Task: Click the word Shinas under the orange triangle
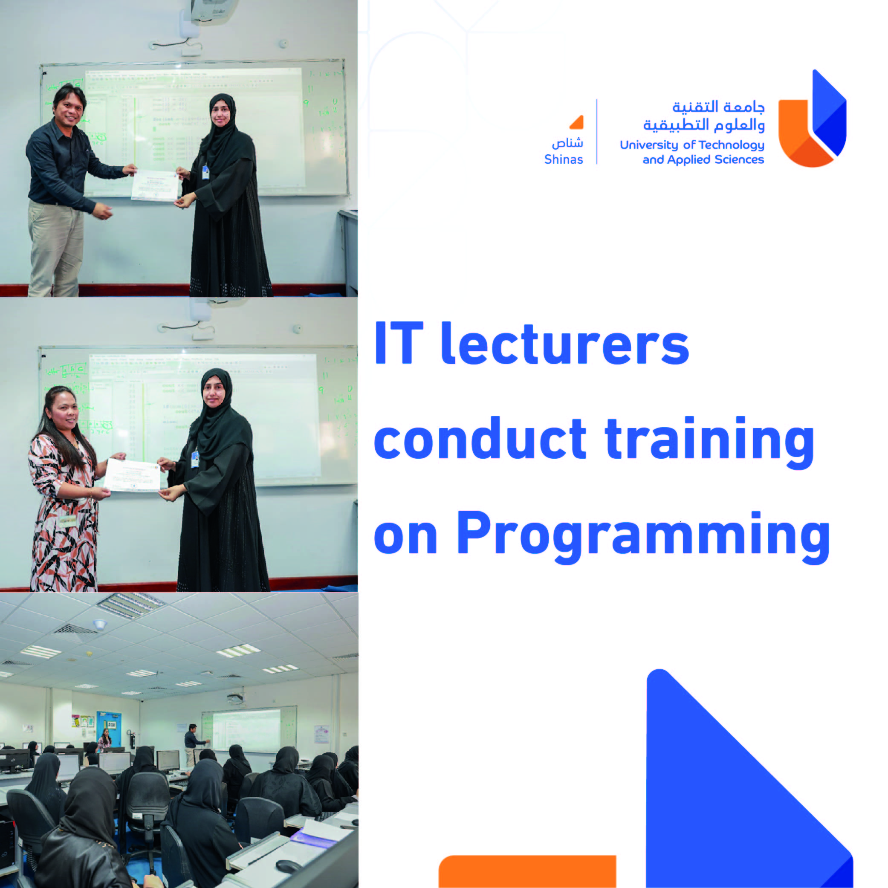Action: [563, 159]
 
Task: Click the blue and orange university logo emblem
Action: [812, 119]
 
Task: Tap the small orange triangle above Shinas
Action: [577, 122]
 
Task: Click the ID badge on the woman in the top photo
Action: [205, 172]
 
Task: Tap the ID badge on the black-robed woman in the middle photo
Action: [195, 459]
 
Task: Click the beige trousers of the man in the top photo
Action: [55, 248]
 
